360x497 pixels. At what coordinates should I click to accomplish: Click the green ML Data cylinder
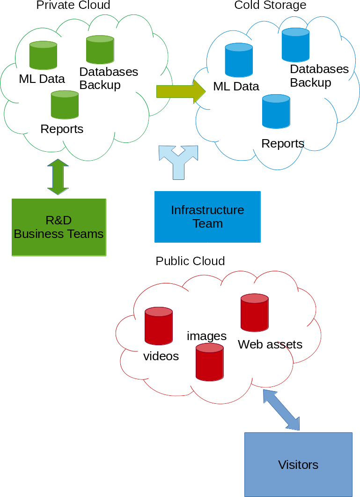click(x=43, y=55)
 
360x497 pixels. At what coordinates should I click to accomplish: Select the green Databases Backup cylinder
click(x=100, y=50)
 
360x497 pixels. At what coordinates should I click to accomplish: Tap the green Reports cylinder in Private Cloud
click(x=65, y=104)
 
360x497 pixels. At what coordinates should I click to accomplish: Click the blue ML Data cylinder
click(x=239, y=60)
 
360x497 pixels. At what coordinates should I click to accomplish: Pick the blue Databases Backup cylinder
click(x=295, y=45)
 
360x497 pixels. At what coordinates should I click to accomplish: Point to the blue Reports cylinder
click(x=276, y=111)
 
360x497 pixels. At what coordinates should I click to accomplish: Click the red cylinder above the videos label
click(x=158, y=326)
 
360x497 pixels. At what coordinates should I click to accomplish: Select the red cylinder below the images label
click(x=209, y=362)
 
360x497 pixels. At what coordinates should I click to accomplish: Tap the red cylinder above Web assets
click(x=255, y=312)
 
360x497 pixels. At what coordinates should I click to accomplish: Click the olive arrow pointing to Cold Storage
click(x=181, y=91)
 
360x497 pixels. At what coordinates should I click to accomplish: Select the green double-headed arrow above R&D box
click(x=58, y=177)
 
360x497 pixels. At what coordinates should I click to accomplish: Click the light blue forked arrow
click(x=178, y=162)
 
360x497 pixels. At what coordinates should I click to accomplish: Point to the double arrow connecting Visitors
click(x=281, y=410)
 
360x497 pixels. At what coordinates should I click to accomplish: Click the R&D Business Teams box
click(x=59, y=227)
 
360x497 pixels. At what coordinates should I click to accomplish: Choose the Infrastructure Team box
click(x=207, y=217)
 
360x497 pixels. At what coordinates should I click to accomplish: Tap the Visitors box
click(x=298, y=464)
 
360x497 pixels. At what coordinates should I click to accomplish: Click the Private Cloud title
click(x=73, y=5)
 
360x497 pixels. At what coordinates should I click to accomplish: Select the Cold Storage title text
click(x=270, y=5)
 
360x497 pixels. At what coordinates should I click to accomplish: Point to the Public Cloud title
click(x=190, y=261)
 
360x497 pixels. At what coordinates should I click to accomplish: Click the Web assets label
click(x=270, y=344)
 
